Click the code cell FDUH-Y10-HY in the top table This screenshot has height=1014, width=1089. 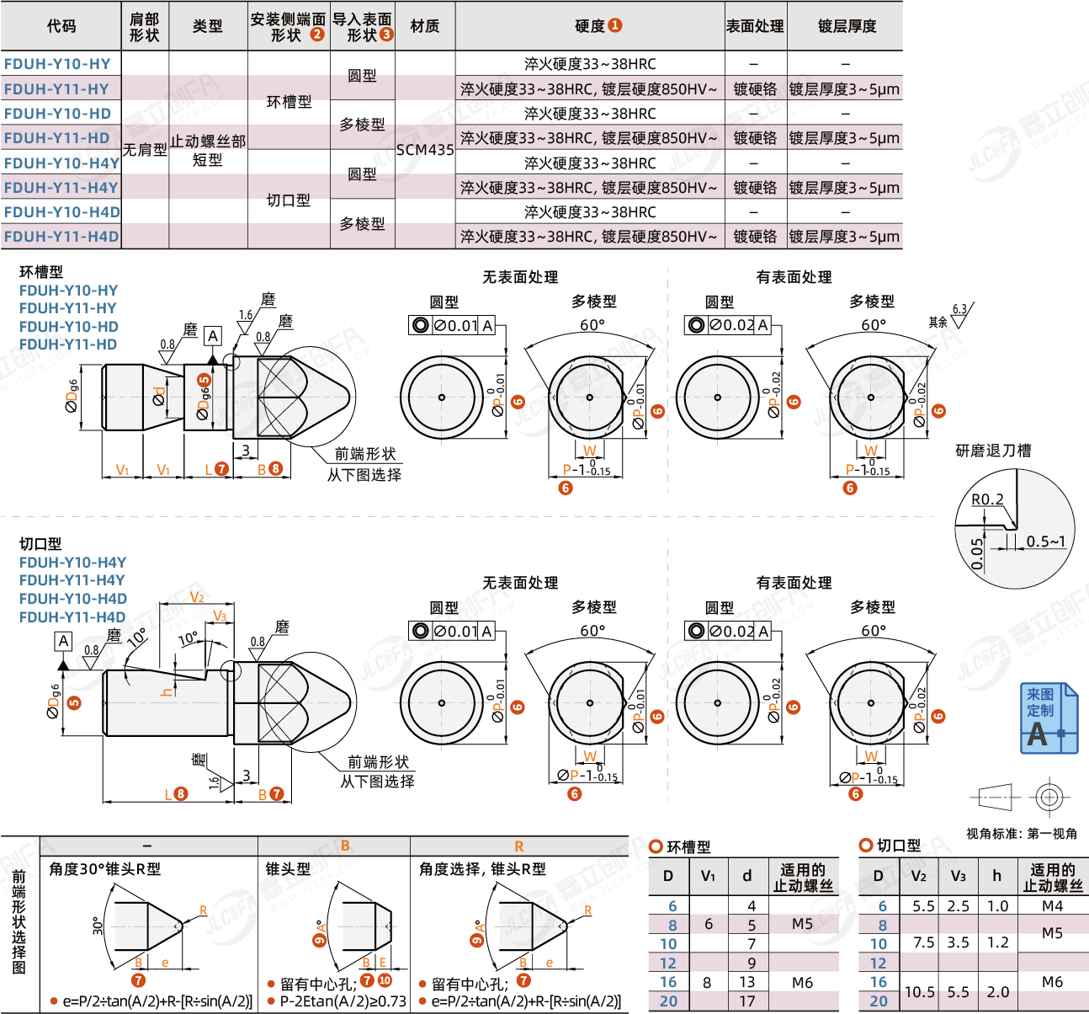pos(57,64)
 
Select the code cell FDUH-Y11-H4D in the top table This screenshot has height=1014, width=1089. pos(61,237)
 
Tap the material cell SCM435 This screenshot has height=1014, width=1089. pos(425,150)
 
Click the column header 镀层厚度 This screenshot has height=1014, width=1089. pos(847,26)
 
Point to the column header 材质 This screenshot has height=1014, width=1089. pos(425,26)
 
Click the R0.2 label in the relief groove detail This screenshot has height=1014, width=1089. pos(987,499)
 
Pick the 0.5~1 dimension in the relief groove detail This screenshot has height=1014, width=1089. pos(1045,542)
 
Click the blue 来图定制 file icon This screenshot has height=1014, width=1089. pos(1048,718)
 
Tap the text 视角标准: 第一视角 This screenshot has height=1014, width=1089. pos(1021,834)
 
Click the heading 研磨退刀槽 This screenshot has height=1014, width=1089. pos(993,451)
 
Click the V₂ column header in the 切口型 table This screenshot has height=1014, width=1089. pos(919,876)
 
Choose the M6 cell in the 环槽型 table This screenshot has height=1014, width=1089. pos(802,982)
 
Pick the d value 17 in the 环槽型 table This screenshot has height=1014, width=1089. pos(747,1001)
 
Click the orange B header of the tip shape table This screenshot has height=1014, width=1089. pos(345,846)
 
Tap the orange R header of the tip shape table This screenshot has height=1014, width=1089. pos(518,846)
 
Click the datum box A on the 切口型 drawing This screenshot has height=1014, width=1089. pos(63,641)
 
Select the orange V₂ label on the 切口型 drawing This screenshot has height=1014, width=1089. pos(197,597)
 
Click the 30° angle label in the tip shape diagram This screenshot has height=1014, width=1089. pos(98,926)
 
